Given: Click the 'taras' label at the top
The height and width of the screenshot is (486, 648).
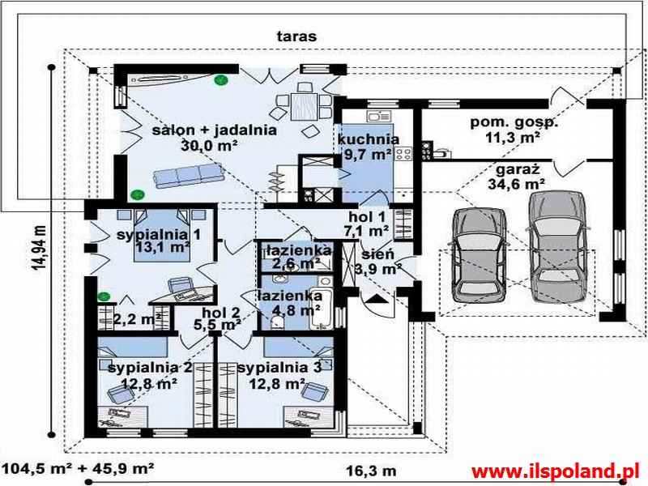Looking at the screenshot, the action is (x=296, y=36).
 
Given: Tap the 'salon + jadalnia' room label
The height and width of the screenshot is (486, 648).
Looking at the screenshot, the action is (x=215, y=130).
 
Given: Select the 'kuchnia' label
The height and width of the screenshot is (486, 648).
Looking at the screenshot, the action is (x=369, y=139).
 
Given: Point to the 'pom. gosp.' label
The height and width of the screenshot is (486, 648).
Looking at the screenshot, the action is (x=514, y=122).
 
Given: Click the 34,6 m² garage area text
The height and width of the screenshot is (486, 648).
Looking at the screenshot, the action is (x=516, y=184).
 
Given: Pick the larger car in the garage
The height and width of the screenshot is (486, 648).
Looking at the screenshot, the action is (x=557, y=248).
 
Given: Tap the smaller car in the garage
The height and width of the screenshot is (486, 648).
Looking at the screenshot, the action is (x=479, y=255).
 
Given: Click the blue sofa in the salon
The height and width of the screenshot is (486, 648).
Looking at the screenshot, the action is (x=189, y=176).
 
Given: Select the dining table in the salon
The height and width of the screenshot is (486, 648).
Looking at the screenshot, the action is (x=304, y=106).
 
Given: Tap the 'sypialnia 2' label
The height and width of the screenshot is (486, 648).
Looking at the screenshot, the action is (x=150, y=368).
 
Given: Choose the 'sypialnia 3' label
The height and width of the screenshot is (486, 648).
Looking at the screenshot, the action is (x=279, y=368).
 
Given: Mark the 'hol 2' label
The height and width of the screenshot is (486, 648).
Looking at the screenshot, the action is (x=221, y=313).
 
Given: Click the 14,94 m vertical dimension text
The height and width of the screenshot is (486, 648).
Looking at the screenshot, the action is (x=40, y=248).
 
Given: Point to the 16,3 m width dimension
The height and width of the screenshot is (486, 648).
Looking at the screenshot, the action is (x=371, y=471).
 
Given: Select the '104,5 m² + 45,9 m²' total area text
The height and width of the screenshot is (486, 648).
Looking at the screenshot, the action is (x=78, y=469).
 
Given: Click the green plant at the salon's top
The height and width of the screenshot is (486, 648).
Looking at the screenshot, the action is (x=221, y=80).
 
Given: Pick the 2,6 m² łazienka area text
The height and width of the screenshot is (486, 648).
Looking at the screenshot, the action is (x=296, y=262).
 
